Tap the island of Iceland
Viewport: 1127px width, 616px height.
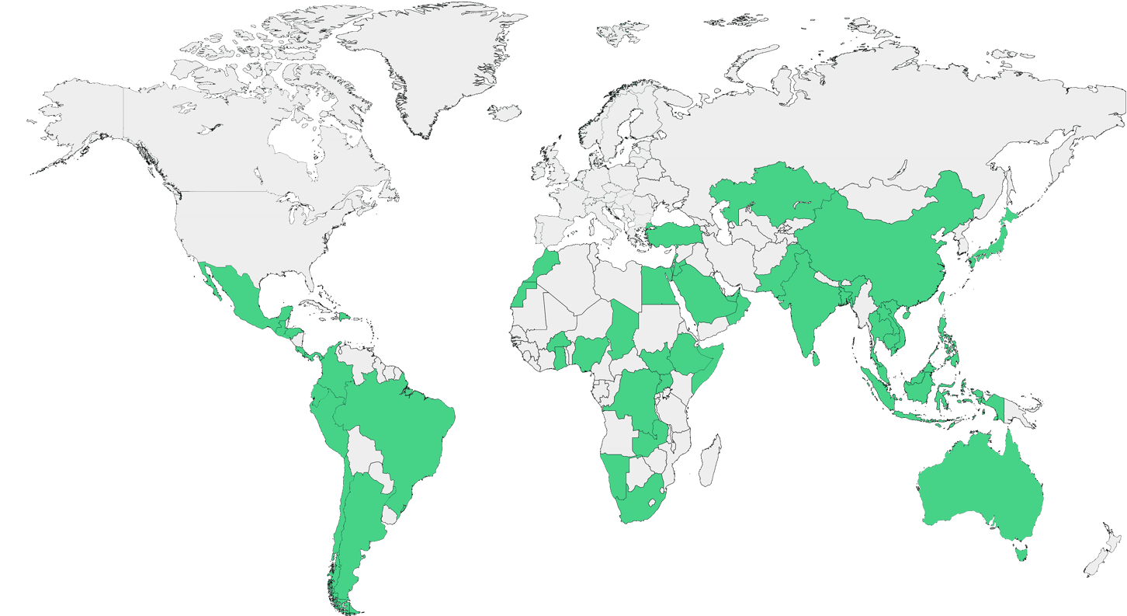(x=507, y=113)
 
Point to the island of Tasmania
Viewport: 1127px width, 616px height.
(x=1021, y=552)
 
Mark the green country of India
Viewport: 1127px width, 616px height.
(x=807, y=303)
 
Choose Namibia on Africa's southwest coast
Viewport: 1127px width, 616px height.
(x=617, y=473)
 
